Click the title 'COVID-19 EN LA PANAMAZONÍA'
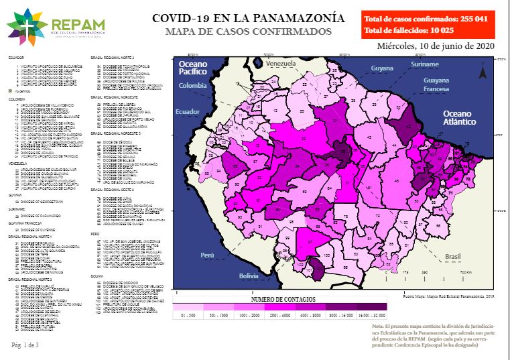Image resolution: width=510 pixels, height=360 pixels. tap(248, 18)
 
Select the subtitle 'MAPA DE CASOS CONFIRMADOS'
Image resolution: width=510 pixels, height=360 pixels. tap(248, 32)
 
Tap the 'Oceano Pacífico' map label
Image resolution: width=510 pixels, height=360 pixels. tap(194, 68)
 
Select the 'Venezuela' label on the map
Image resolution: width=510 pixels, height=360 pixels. tap(280, 63)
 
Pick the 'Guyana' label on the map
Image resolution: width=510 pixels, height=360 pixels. tap(381, 68)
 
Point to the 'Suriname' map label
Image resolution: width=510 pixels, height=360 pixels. tap(424, 64)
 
